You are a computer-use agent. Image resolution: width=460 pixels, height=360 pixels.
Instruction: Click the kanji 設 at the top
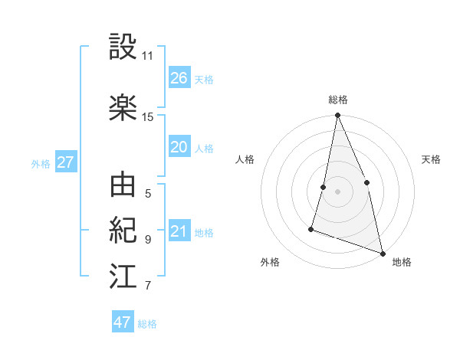click(123, 47)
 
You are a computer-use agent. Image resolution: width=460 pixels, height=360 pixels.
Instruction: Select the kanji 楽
click(123, 108)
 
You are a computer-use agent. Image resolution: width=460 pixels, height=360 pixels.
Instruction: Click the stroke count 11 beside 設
click(147, 56)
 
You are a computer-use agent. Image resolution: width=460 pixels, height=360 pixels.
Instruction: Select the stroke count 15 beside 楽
click(147, 117)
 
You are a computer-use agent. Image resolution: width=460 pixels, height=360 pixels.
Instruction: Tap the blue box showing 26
click(179, 77)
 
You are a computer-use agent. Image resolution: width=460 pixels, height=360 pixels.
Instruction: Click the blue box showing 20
click(179, 147)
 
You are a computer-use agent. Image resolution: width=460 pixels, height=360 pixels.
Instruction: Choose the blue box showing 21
click(179, 231)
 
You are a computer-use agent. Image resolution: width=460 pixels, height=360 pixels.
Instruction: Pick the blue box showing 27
click(65, 162)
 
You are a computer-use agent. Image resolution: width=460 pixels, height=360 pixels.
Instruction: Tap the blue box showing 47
click(123, 322)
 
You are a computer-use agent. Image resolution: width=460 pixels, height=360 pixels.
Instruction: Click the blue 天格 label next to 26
click(203, 79)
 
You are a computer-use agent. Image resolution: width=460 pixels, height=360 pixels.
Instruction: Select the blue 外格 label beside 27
click(41, 163)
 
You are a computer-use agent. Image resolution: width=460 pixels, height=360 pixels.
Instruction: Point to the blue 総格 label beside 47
click(147, 324)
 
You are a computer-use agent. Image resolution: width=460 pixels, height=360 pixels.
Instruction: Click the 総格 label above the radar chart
click(337, 100)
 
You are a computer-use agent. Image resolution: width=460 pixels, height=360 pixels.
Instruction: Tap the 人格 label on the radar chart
click(245, 159)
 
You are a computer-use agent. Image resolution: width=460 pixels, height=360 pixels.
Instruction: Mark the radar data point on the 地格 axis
click(382, 252)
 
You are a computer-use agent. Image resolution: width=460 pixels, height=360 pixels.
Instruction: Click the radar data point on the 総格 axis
click(337, 116)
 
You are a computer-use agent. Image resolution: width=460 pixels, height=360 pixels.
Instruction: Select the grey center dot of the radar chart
click(337, 191)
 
